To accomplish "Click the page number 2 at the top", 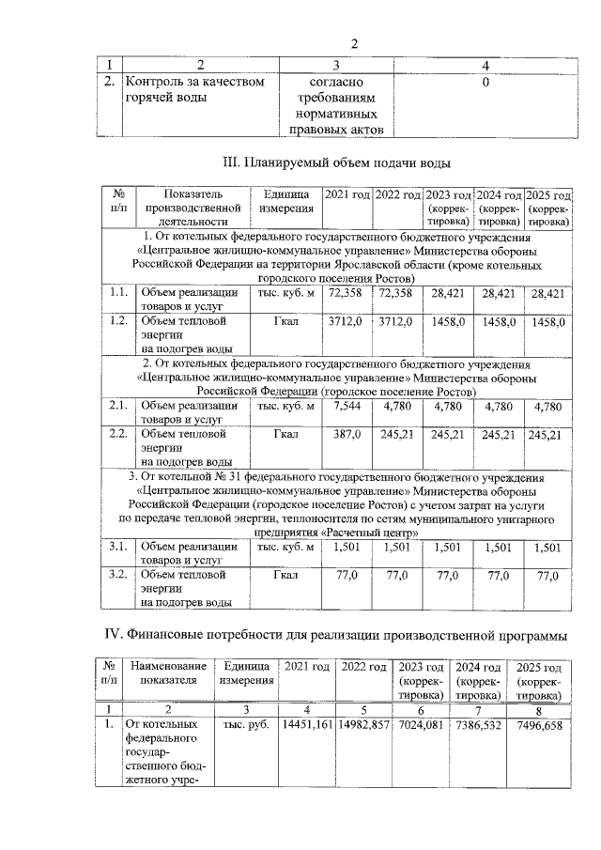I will coord(355,43).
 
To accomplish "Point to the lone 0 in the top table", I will coord(485,83).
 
